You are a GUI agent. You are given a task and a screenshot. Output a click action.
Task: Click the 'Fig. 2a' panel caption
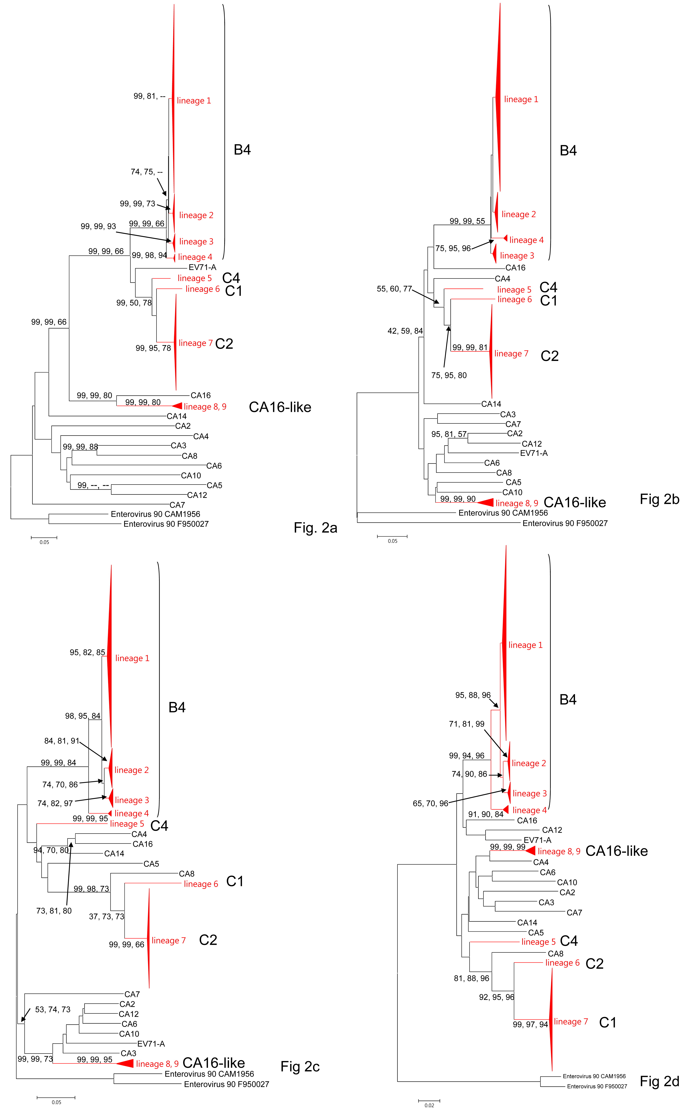(315, 528)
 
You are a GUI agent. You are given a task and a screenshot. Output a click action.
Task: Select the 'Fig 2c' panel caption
(300, 1066)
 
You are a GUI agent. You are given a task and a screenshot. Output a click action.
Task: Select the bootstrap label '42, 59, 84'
(405, 331)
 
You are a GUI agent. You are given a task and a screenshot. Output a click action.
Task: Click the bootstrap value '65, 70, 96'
(430, 803)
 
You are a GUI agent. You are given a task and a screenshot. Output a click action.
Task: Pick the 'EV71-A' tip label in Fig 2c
(151, 1044)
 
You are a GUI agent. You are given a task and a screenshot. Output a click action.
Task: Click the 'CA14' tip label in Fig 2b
(491, 404)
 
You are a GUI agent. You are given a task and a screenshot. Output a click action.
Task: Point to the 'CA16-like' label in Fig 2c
(214, 1063)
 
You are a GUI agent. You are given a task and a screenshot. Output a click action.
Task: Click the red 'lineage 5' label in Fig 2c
(127, 824)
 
